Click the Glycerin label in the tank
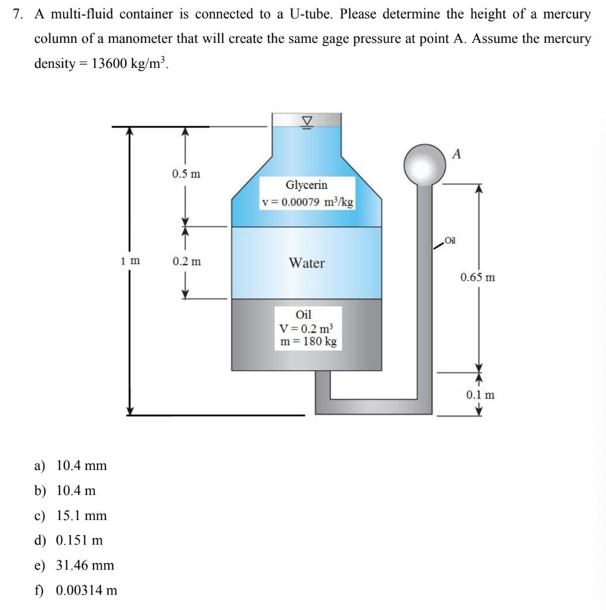[307, 185]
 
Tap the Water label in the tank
[307, 263]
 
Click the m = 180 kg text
[308, 341]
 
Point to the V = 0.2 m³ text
[307, 328]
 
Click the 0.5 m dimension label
[186, 174]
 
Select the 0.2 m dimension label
[186, 261]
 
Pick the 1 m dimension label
[130, 260]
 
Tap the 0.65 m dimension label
[477, 277]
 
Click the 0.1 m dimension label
[480, 394]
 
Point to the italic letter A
[457, 154]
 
